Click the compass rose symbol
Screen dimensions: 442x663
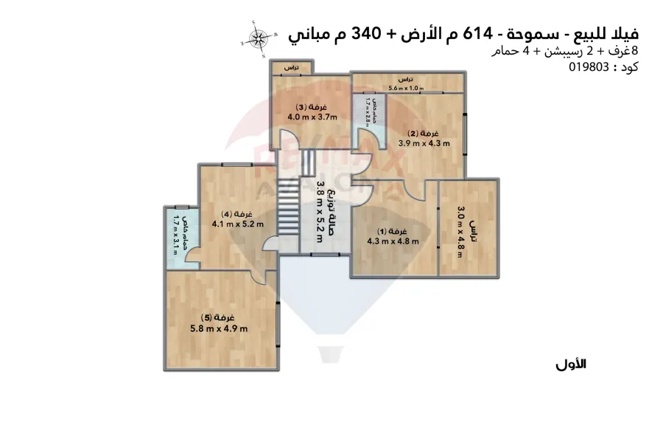[258, 38]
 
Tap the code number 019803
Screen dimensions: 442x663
[589, 67]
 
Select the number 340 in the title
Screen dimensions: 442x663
[365, 34]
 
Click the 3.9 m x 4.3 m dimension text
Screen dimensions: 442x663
[424, 144]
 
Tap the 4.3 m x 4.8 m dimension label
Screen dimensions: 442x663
[393, 241]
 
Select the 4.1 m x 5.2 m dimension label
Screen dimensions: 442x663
[237, 224]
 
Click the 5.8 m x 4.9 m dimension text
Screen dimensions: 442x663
[219, 328]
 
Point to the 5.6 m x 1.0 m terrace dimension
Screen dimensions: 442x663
[406, 89]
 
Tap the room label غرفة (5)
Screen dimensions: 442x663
[219, 317]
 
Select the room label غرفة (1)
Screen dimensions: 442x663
[393, 230]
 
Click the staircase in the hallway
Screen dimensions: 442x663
[286, 207]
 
